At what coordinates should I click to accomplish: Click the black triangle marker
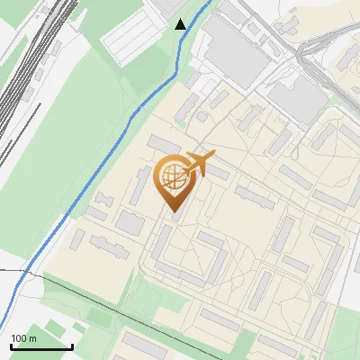point(181,24)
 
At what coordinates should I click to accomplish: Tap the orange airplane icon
point(198,164)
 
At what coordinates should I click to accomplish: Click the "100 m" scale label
point(23,338)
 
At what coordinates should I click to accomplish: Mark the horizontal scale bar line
point(40,346)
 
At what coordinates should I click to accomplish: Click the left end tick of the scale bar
point(10,346)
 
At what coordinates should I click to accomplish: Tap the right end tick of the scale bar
point(71,346)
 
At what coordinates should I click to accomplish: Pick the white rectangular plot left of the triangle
point(130,36)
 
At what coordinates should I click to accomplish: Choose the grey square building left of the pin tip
point(131,223)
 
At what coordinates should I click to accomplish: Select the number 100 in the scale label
point(19,338)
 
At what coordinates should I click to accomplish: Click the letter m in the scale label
point(32,339)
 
